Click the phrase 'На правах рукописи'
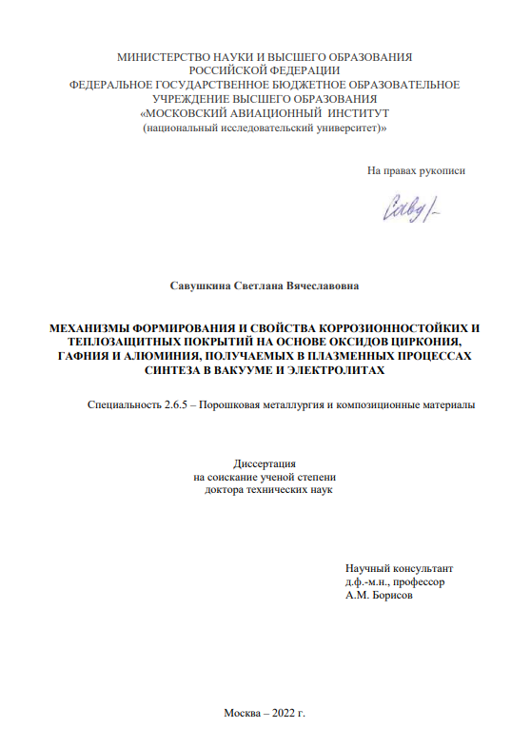tap(417, 171)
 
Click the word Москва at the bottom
tap(244, 714)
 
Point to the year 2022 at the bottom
tap(283, 714)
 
